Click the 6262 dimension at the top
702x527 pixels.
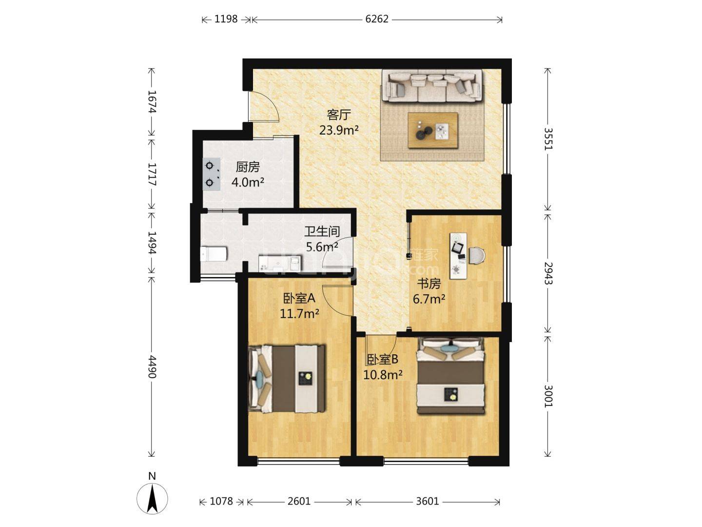click(377, 19)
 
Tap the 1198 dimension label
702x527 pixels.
click(226, 19)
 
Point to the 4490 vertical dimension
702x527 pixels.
click(152, 366)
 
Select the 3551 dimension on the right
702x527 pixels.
click(548, 139)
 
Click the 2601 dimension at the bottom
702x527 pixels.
click(299, 501)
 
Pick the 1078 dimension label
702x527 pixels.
click(221, 501)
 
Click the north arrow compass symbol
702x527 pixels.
click(152, 499)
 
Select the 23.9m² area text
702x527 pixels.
click(339, 130)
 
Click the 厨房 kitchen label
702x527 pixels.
click(248, 167)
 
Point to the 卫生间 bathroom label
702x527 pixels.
click(322, 231)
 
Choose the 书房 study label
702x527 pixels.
click(429, 284)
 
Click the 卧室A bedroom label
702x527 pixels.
click(299, 298)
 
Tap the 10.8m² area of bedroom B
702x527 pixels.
click(383, 375)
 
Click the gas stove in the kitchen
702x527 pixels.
click(212, 174)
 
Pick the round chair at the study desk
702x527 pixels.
click(477, 256)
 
